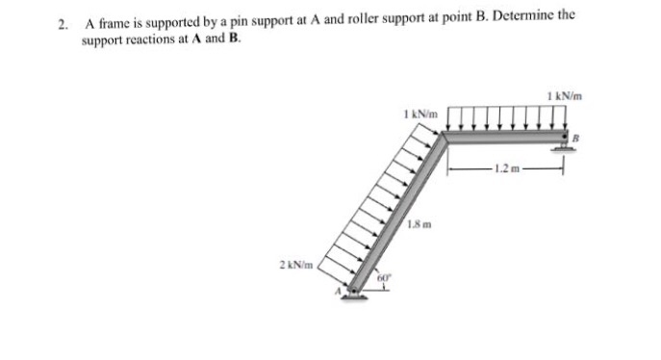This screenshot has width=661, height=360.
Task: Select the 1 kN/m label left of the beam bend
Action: click(x=419, y=114)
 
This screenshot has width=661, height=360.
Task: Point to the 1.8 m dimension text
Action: click(x=417, y=225)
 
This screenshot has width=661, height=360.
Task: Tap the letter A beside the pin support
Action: click(x=338, y=289)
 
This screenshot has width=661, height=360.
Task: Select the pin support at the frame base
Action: click(x=356, y=291)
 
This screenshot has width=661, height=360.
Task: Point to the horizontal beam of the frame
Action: click(x=505, y=138)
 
